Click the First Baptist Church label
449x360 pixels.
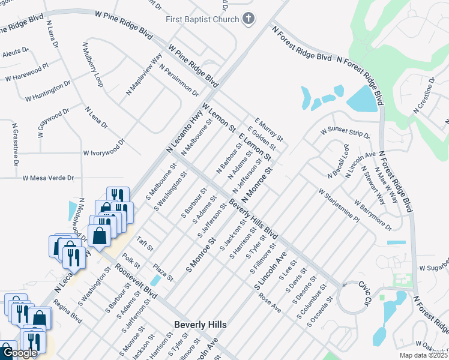coord(203,19)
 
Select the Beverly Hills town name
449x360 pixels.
coord(200,325)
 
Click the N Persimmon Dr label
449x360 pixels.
coord(179,80)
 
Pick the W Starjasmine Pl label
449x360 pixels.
coord(339,206)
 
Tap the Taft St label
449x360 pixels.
coord(146,246)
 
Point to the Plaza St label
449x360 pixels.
coord(162,271)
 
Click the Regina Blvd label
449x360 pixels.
coord(68,312)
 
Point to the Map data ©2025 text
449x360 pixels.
coord(424,356)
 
